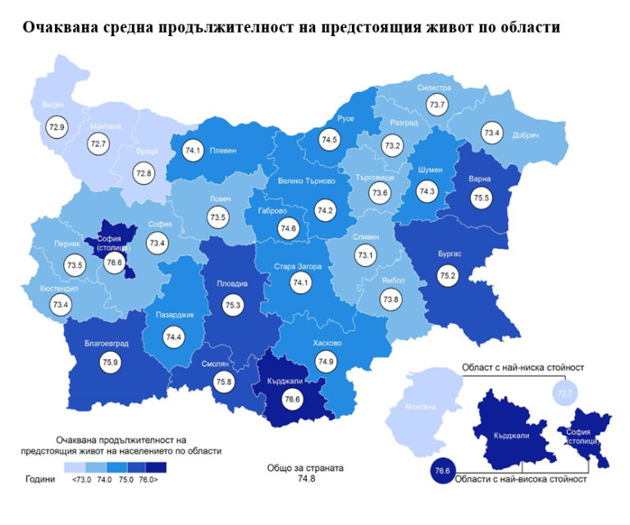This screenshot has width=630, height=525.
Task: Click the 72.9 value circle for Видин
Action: click(x=57, y=128)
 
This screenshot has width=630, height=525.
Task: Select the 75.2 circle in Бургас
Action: click(x=447, y=276)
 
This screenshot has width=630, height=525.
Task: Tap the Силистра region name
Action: click(x=434, y=86)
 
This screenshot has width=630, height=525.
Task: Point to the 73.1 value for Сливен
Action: click(x=365, y=256)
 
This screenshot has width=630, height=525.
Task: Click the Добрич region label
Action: click(x=524, y=135)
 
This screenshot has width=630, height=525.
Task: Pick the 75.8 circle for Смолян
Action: click(x=223, y=381)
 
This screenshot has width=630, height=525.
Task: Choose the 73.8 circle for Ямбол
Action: click(x=391, y=300)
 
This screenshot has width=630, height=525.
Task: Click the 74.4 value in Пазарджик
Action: click(x=174, y=337)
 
